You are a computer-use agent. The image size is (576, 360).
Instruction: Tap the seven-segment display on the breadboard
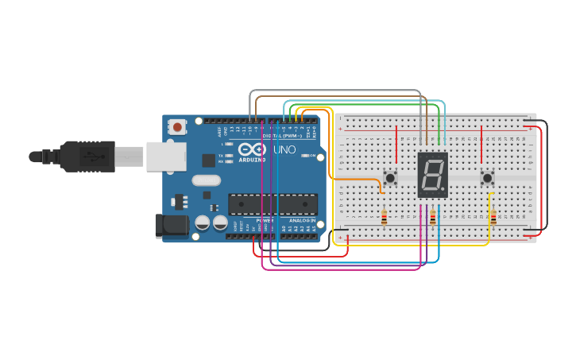tap(432, 175)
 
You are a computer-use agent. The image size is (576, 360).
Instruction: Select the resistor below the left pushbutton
tap(385, 217)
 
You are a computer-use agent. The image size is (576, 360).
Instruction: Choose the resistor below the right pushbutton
tap(493, 217)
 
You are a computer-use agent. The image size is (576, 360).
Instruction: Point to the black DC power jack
tap(172, 225)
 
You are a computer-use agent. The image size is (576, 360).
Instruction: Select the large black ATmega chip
tap(273, 204)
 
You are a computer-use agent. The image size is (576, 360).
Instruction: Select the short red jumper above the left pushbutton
tap(396, 143)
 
